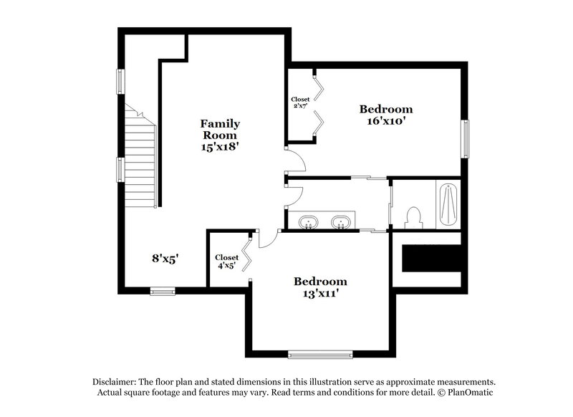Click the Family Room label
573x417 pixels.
(220, 129)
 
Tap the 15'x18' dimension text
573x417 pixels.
(220, 146)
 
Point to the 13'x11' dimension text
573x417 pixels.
(319, 293)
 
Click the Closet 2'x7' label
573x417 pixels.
(300, 103)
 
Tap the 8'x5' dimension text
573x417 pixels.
(164, 259)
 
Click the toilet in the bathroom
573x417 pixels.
(413, 216)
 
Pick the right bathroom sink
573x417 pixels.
(342, 221)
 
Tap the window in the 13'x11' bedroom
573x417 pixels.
(320, 353)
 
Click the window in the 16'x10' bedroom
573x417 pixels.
(466, 138)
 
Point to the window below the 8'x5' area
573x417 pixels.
(163, 291)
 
